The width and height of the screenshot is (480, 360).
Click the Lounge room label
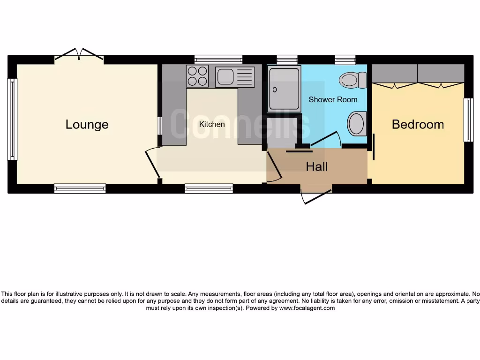[x=87, y=124]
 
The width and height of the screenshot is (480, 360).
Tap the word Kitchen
[x=212, y=124]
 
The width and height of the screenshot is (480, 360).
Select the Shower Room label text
[x=333, y=99]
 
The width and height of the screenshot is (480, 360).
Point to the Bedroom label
[x=418, y=124]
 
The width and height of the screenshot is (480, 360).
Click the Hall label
[x=317, y=166]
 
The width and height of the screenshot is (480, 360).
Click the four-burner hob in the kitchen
[x=197, y=76]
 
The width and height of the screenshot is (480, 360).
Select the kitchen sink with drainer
[x=235, y=77]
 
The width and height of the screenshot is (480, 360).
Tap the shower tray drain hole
[x=274, y=89]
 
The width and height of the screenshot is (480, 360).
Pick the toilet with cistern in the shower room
[x=353, y=80]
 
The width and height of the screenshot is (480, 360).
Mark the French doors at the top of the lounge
[x=79, y=55]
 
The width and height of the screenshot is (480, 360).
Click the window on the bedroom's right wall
[x=468, y=120]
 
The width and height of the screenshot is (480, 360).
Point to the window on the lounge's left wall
[x=12, y=119]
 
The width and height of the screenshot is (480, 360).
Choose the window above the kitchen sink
[x=218, y=60]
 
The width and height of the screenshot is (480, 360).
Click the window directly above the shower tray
[x=287, y=60]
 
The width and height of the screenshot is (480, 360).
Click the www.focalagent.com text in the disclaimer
[x=307, y=308]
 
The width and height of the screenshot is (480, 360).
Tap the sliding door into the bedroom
[x=374, y=147]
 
